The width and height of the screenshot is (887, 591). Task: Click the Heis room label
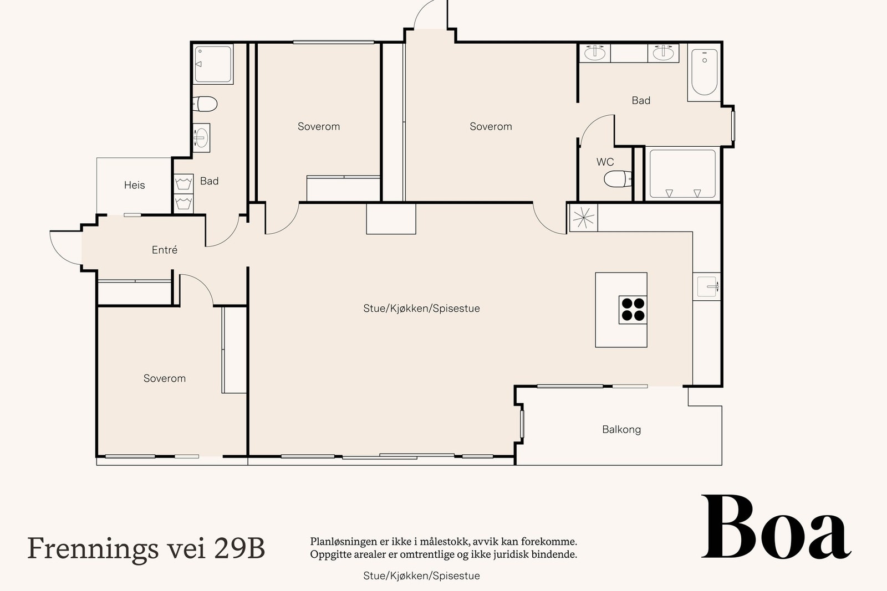pos(134,185)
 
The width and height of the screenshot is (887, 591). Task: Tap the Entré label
pos(165,250)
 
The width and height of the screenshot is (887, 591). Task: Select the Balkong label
pos(621,429)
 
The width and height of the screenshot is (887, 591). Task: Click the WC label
pos(605,162)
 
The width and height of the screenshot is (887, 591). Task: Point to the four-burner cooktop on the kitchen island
pos(633,310)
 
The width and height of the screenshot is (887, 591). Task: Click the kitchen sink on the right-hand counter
pos(707,286)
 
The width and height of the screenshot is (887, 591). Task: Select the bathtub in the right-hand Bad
pos(705,73)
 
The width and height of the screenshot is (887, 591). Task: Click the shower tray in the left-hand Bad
pos(213,64)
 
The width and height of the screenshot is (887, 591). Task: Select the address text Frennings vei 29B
pos(146,548)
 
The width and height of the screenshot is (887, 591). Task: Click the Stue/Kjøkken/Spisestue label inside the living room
pos(421,309)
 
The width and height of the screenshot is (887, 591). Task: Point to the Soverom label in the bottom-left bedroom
pos(165,378)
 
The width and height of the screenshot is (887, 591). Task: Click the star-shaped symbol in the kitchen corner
pos(583,218)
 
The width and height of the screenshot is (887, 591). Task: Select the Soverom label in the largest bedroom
pos(491,126)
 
